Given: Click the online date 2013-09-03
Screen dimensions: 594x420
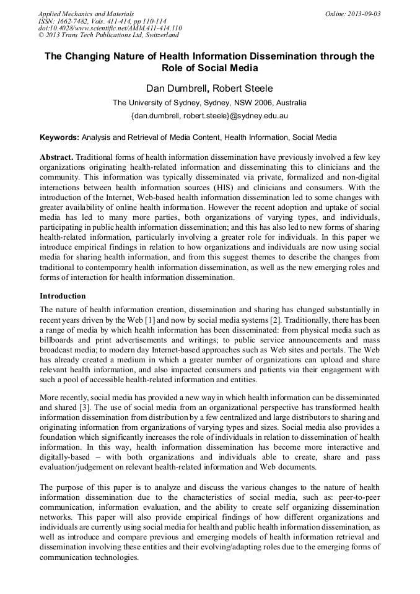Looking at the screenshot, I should (x=363, y=14).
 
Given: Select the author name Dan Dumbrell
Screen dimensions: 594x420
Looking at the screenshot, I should (x=177, y=89).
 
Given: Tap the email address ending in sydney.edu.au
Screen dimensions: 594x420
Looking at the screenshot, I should (x=209, y=115).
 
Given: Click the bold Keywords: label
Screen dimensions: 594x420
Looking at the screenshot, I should (x=59, y=137).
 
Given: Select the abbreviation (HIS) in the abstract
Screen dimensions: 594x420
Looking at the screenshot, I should (x=243, y=187).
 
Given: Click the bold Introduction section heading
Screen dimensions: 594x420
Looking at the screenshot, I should (x=63, y=295).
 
